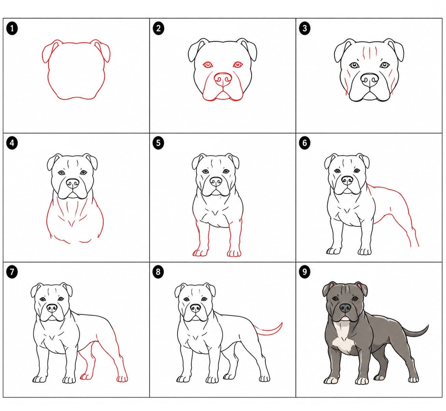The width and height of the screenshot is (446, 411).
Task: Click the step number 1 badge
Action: pyautogui.click(x=12, y=28)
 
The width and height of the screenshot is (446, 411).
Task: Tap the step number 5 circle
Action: pyautogui.click(x=158, y=142)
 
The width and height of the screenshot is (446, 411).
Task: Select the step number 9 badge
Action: pyautogui.click(x=304, y=272)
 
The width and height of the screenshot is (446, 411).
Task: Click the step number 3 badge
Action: pyautogui.click(x=304, y=28)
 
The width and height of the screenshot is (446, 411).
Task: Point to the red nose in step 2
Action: pyautogui.click(x=223, y=79)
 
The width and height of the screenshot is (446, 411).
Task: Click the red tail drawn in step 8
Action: pyautogui.click(x=271, y=330)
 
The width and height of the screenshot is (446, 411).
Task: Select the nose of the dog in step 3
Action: pyautogui.click(x=370, y=79)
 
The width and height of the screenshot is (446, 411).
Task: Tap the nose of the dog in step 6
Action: pyautogui.click(x=347, y=180)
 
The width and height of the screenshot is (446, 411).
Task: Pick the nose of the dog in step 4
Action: pyautogui.click(x=72, y=183)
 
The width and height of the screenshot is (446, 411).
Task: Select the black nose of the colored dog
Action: pyautogui.click(x=345, y=308)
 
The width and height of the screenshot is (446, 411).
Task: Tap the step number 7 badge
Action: pyautogui.click(x=12, y=272)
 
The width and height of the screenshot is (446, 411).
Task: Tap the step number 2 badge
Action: pyautogui.click(x=158, y=28)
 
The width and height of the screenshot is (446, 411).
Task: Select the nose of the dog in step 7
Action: pyautogui.click(x=52, y=308)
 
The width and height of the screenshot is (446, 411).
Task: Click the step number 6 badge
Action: pyautogui.click(x=304, y=142)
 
